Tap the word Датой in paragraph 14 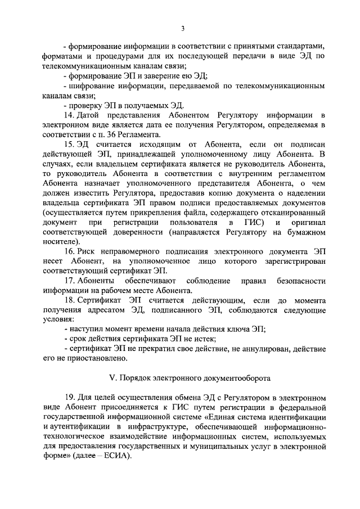point(91,115)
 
